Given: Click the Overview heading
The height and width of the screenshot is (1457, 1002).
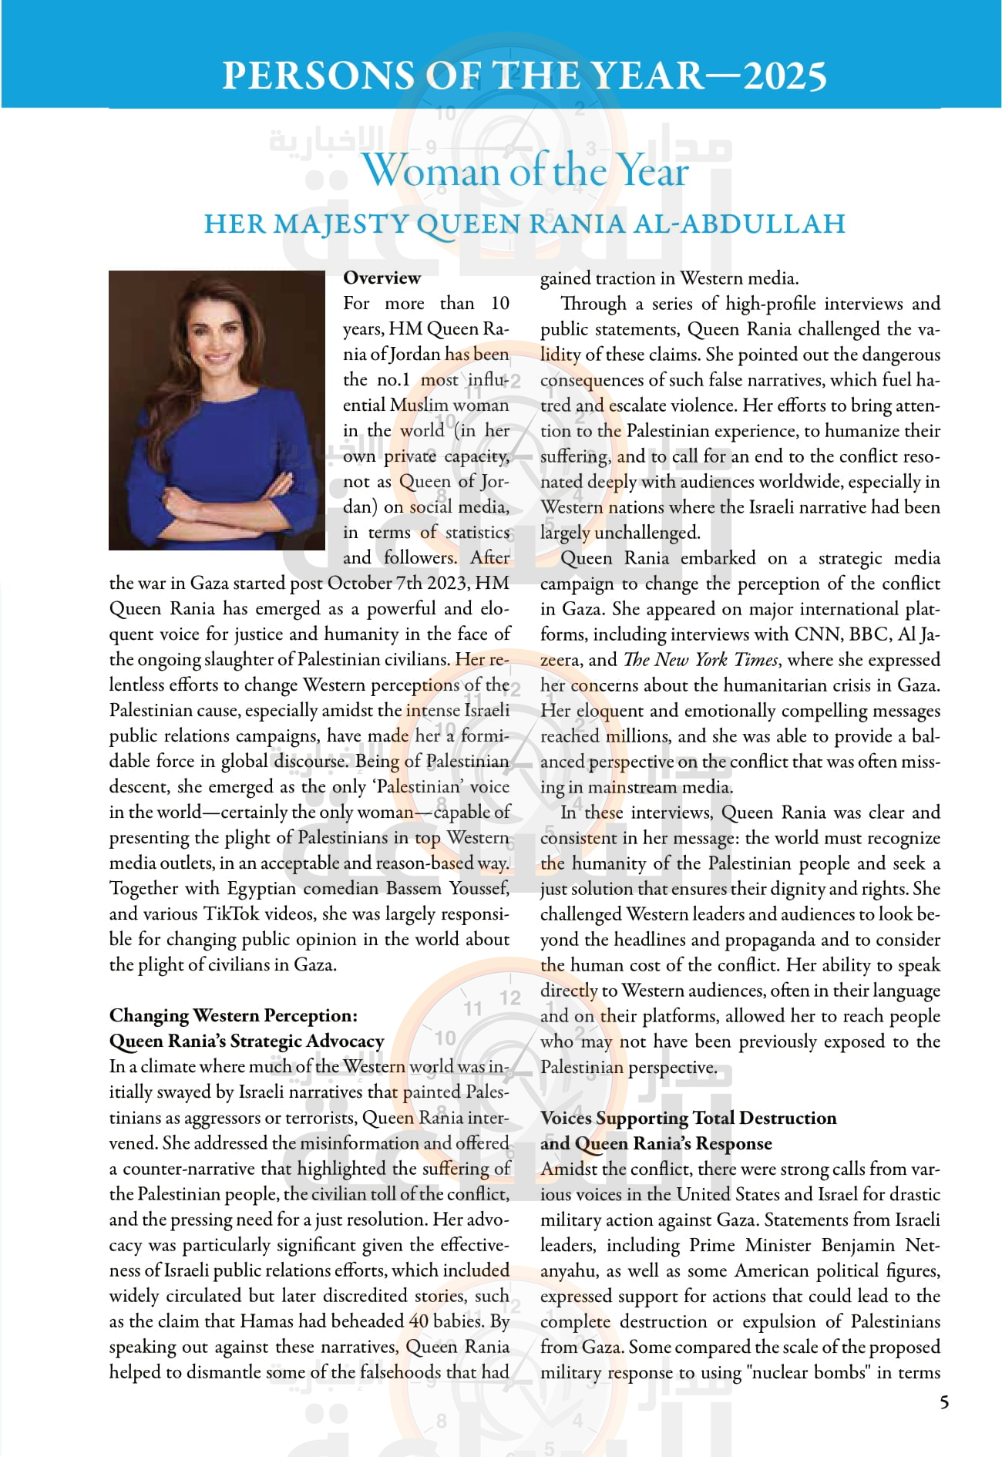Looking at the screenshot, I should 382,278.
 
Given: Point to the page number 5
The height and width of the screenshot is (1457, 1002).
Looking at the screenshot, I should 944,1402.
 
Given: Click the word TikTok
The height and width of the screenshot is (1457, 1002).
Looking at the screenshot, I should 231,914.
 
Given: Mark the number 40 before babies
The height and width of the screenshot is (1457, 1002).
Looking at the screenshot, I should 419,1321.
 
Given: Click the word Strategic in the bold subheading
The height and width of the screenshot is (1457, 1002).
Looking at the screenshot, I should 266,1041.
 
